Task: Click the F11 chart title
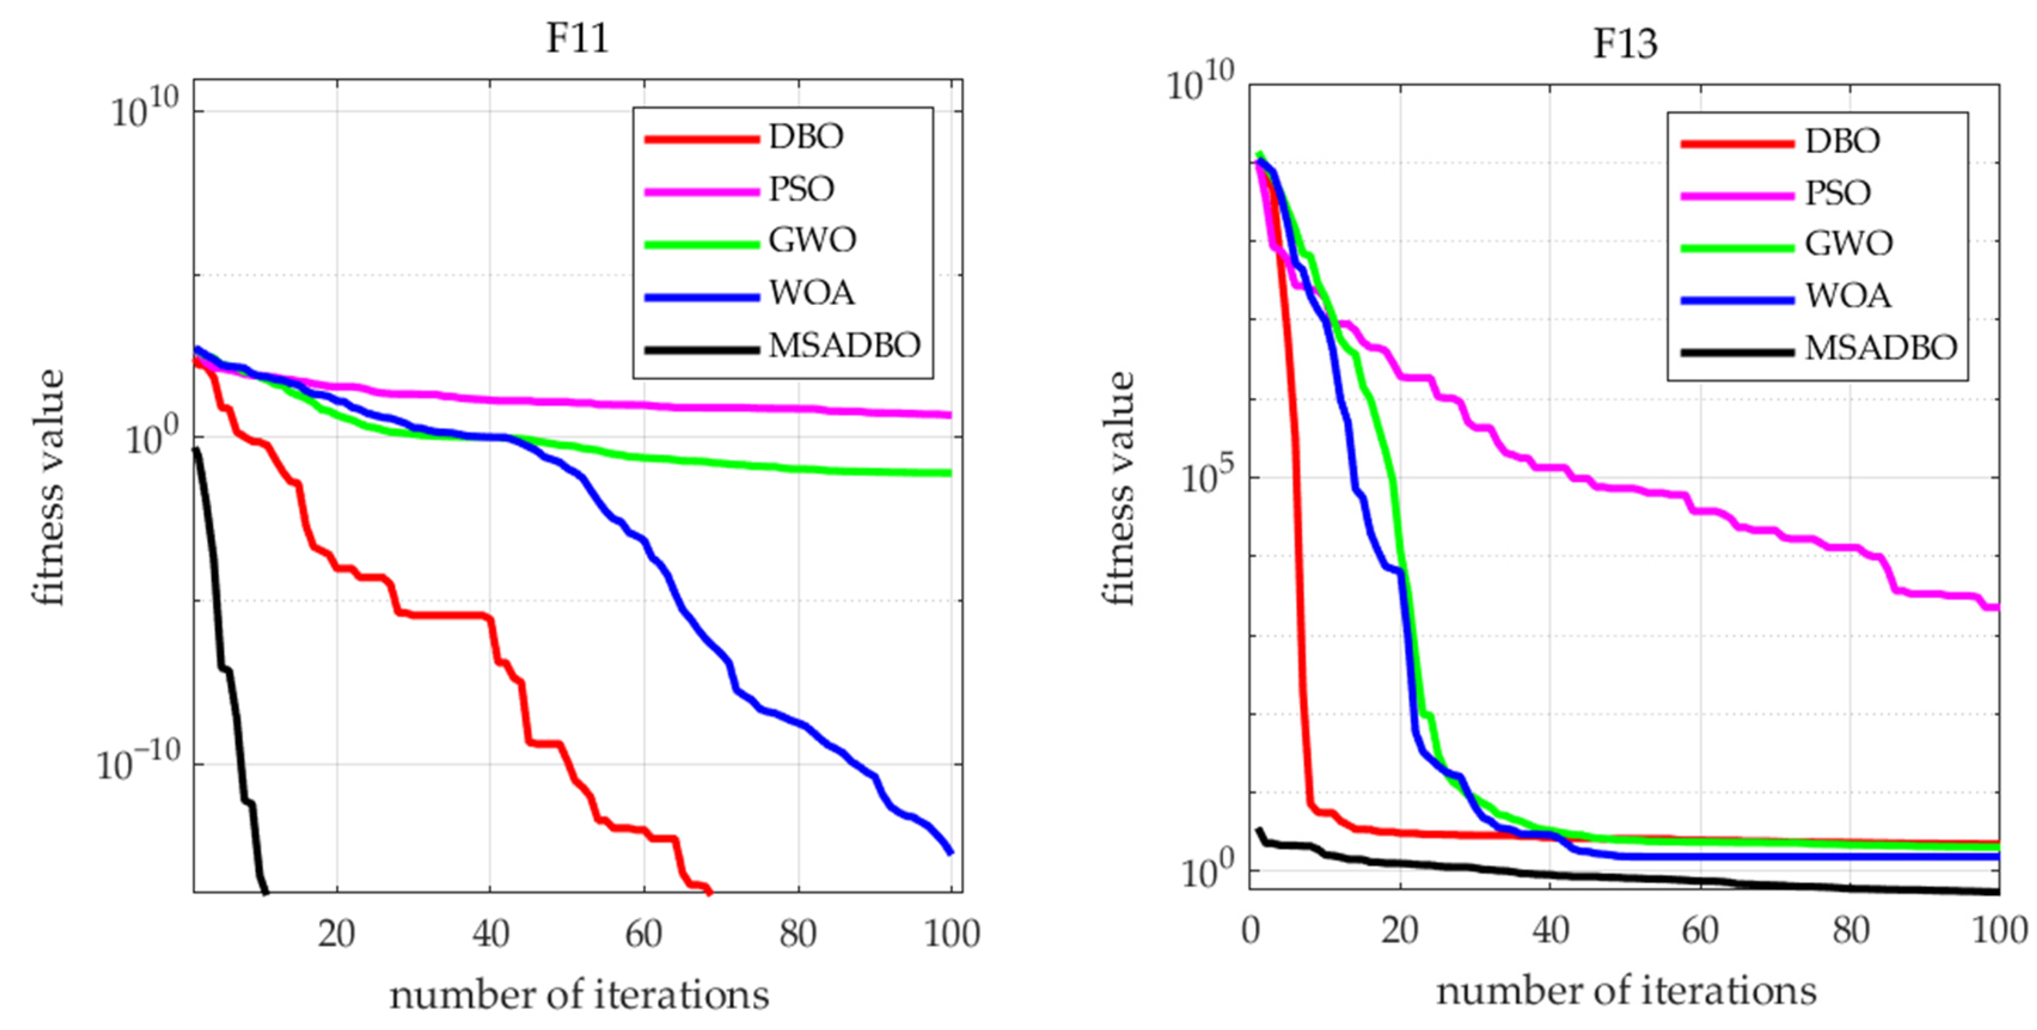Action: pos(577,38)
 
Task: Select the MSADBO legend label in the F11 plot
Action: pos(845,345)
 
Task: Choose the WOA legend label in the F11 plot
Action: pos(811,293)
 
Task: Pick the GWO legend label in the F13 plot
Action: pos(1848,244)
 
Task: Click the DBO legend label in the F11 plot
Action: pos(806,137)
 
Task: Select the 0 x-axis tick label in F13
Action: pos(1250,930)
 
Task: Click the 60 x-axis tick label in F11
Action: pos(643,934)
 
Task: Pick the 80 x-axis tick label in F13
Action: pos(1851,930)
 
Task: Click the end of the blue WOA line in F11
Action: pos(950,852)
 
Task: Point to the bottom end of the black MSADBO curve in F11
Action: pos(266,891)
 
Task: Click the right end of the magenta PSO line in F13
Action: pos(1997,607)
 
